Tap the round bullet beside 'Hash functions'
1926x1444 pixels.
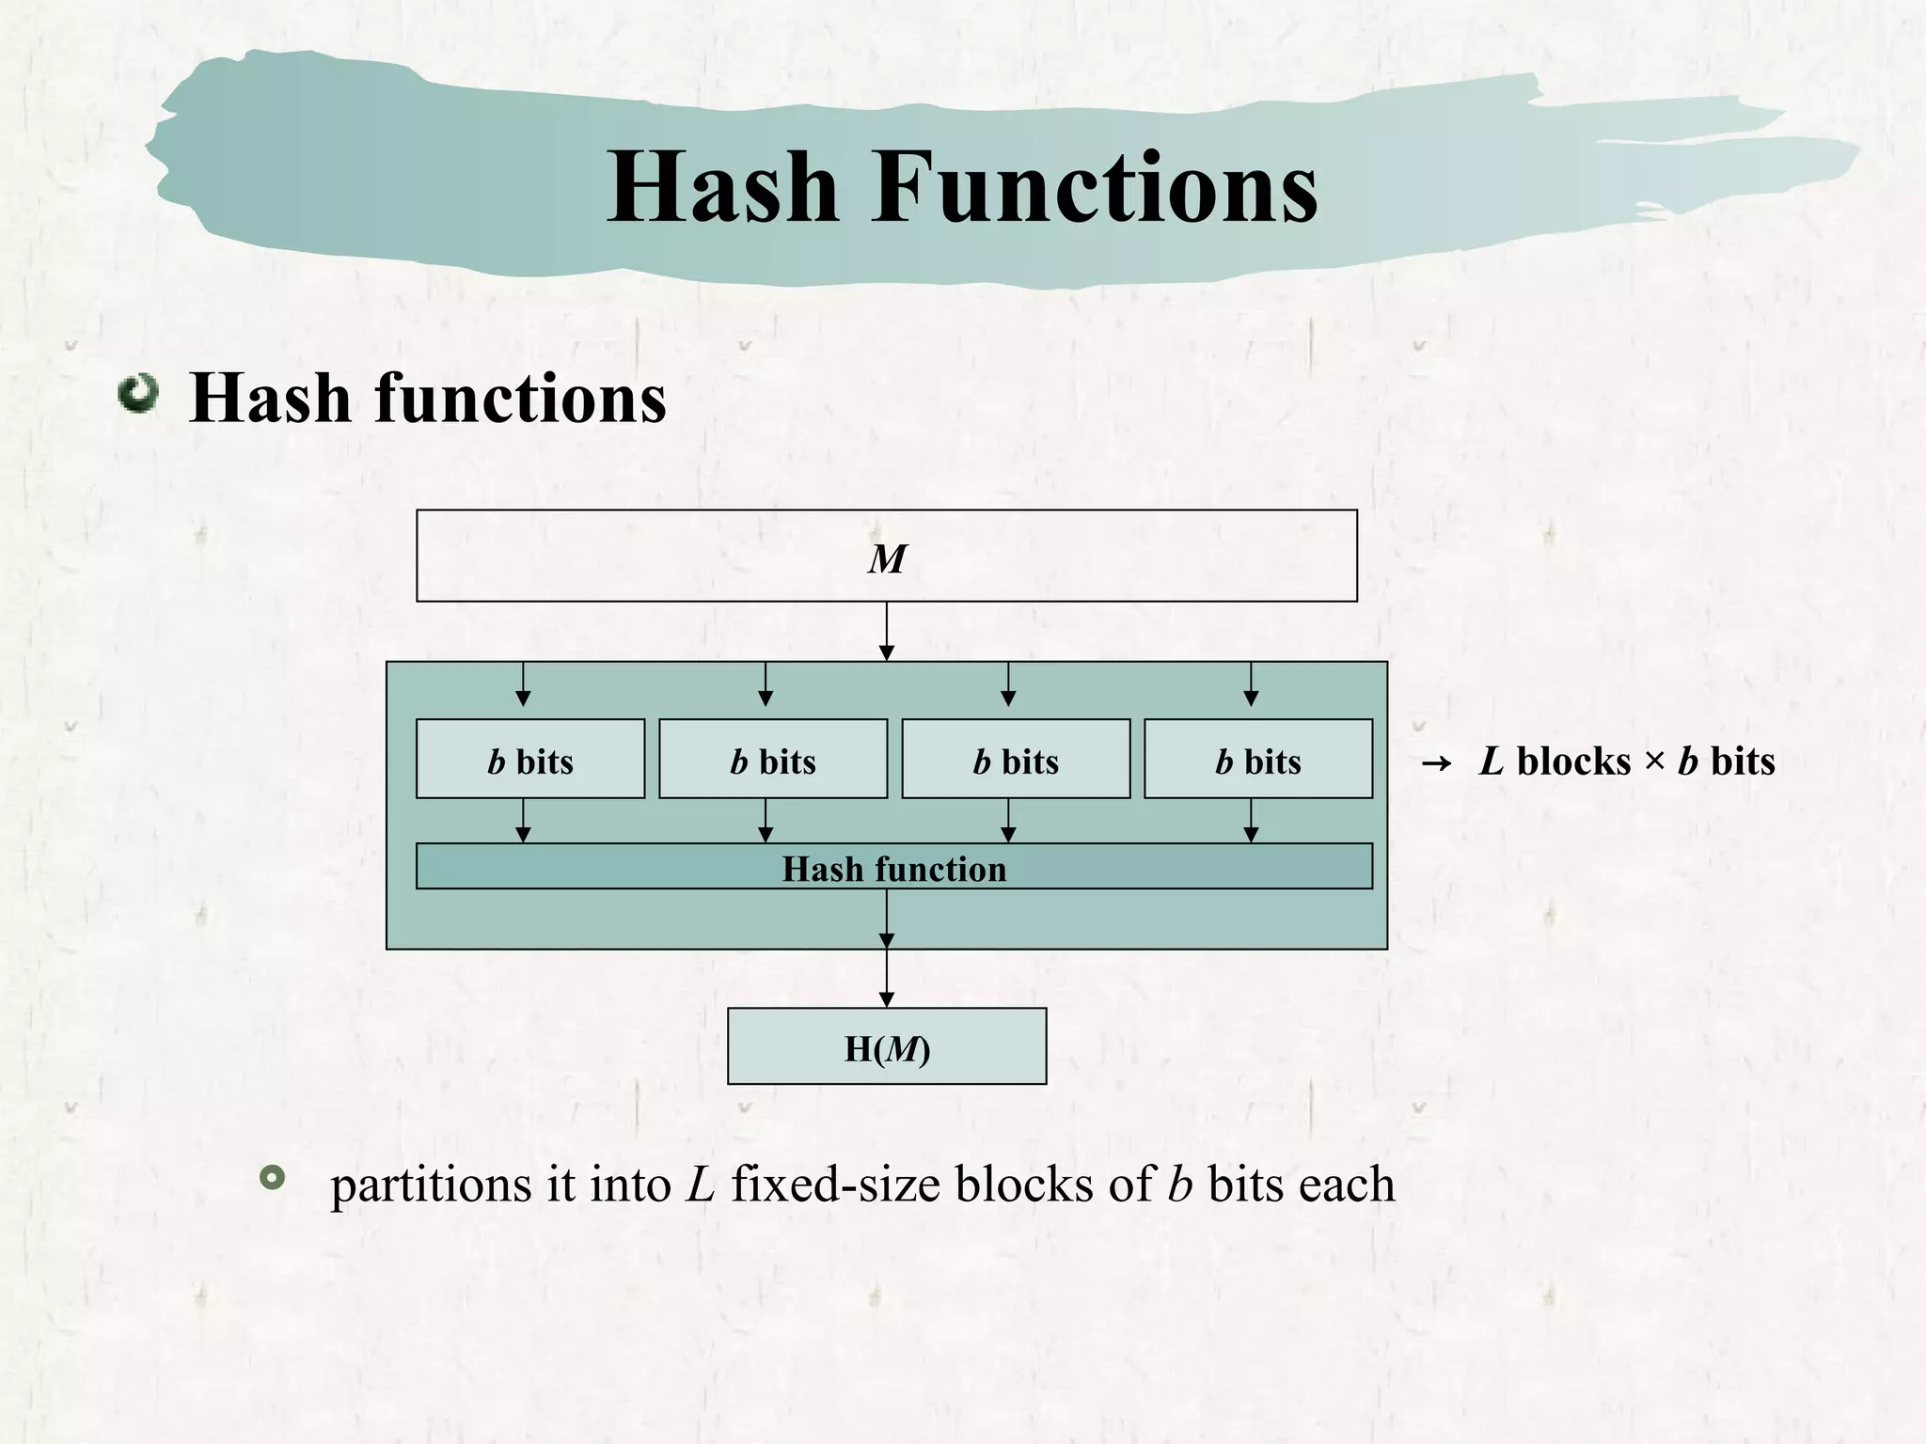point(138,394)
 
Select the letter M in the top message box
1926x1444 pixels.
point(886,559)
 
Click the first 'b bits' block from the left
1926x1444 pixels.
point(530,760)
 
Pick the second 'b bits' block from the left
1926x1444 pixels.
point(773,760)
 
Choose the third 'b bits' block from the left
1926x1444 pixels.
point(1016,760)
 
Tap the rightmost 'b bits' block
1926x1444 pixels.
point(1258,760)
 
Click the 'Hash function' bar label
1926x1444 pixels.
point(893,869)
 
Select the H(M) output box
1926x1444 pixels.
point(887,1047)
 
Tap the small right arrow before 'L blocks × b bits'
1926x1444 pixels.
point(1436,763)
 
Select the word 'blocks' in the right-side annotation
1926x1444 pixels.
point(1573,761)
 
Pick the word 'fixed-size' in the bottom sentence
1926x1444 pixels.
point(835,1185)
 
